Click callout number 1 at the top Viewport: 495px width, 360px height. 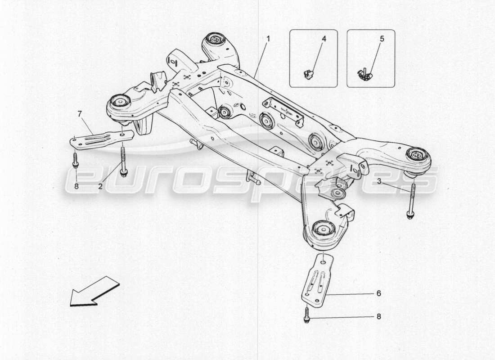268,39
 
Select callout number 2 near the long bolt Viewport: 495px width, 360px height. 101,185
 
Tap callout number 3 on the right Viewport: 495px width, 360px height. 379,181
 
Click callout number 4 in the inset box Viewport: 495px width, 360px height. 323,39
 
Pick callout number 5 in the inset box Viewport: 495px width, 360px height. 382,39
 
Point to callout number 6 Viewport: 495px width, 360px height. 378,293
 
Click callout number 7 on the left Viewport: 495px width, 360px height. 80,114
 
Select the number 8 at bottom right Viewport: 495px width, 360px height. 378,316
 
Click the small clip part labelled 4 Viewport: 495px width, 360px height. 309,74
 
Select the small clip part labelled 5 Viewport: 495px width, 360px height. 365,75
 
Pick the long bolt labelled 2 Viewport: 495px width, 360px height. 123,160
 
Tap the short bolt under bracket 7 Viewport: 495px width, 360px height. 76,160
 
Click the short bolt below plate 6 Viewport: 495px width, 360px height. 307,315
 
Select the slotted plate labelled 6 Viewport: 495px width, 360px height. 317,280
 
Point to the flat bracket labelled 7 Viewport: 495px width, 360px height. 101,139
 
